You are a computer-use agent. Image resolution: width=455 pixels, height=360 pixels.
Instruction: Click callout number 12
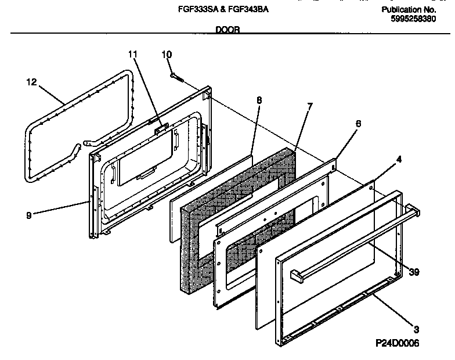pos(31,82)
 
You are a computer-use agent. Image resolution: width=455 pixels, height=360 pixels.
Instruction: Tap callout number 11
pos(133,55)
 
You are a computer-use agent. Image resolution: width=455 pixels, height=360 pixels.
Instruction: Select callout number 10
pos(167,55)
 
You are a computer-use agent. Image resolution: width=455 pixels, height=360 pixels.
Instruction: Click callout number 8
pos(259,100)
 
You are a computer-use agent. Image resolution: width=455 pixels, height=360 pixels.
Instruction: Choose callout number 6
pos(358,124)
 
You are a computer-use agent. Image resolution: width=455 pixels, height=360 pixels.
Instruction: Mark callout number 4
pos(398,158)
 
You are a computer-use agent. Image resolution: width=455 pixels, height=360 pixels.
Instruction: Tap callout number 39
pos(414,271)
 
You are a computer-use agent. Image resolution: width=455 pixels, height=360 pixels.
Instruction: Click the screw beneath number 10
pos(177,75)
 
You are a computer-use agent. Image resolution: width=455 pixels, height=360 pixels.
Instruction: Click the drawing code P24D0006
pos(396,344)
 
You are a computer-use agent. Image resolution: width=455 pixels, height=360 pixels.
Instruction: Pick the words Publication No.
pos(409,10)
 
